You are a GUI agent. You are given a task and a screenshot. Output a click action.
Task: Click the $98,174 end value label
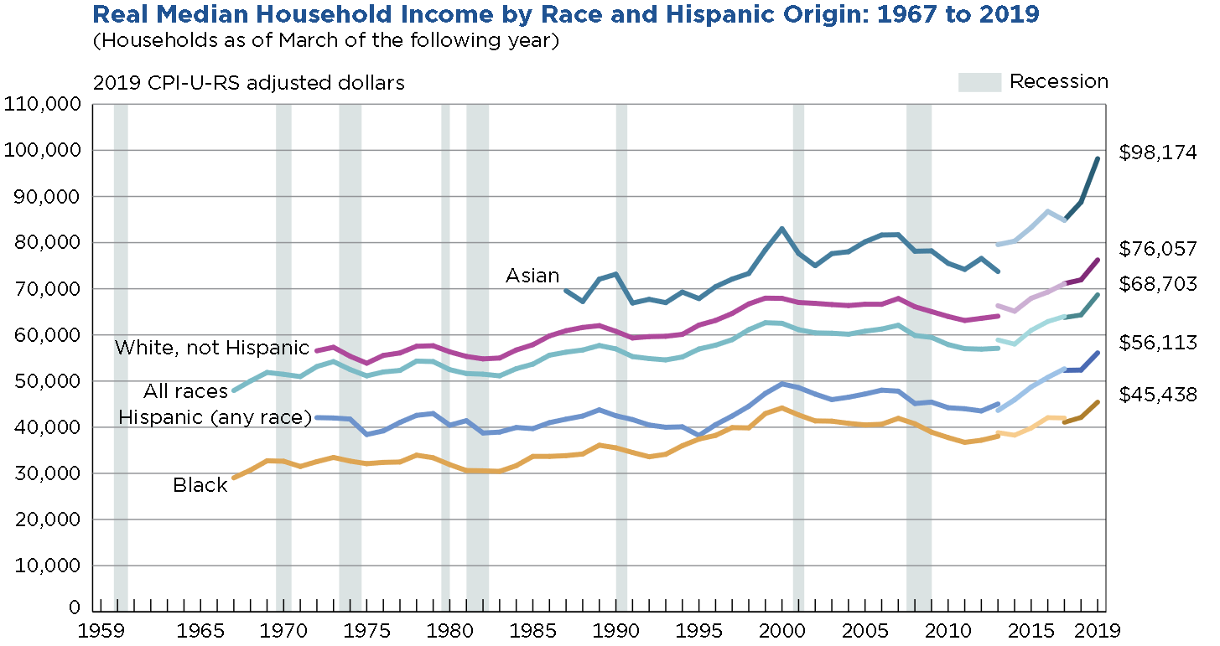click(x=1158, y=152)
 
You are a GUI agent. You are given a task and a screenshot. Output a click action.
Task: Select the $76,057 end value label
click(x=1158, y=249)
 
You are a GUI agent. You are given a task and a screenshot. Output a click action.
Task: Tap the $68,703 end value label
click(x=1158, y=285)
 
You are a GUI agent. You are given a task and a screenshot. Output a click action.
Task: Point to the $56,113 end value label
click(x=1158, y=343)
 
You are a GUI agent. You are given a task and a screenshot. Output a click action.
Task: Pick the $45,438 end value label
click(x=1158, y=395)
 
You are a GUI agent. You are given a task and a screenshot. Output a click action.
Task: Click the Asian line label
click(x=532, y=276)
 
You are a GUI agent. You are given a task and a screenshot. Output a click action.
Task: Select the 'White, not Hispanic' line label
click(x=211, y=348)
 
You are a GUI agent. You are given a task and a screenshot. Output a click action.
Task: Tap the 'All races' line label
click(x=185, y=391)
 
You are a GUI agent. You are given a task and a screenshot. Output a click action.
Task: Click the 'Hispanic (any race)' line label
click(x=215, y=417)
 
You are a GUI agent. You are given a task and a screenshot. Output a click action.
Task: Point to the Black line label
click(x=200, y=485)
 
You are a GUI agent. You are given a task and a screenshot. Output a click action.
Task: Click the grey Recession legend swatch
click(x=979, y=82)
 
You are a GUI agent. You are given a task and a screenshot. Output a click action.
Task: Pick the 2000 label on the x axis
click(x=782, y=629)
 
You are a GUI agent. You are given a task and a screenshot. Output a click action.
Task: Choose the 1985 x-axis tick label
click(x=532, y=629)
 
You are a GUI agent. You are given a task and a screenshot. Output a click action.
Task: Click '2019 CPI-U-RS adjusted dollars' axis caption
click(x=249, y=83)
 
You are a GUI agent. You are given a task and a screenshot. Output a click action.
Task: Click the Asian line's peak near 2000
click(x=781, y=228)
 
